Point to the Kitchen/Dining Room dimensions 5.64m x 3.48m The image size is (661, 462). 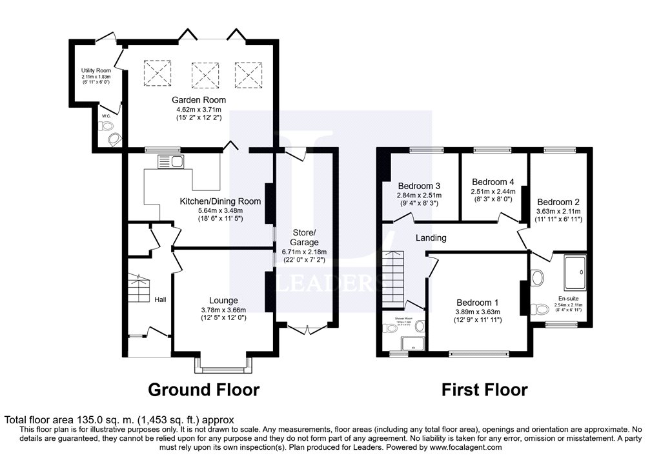coord(219,210)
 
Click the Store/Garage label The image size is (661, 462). coord(305,237)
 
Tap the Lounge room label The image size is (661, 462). coord(223,300)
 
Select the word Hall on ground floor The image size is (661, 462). coord(161,299)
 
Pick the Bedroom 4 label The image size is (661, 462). coord(493,182)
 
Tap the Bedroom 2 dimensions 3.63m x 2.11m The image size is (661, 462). coord(558,211)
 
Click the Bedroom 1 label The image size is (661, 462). coord(478,303)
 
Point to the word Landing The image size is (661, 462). coord(431,238)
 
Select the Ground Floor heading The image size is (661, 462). coord(203,390)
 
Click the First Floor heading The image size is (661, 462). coord(484,390)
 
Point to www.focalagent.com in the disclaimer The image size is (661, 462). coord(465,447)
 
